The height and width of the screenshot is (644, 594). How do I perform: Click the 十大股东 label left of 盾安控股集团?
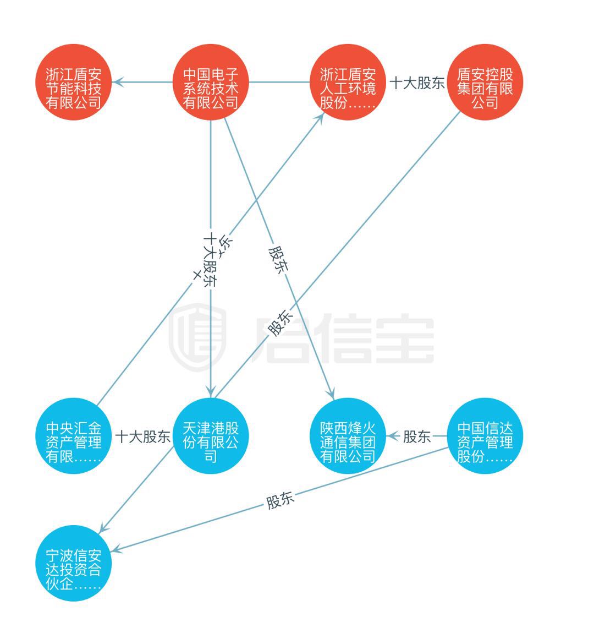point(417,84)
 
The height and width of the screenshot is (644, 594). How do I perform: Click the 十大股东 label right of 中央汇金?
point(142,438)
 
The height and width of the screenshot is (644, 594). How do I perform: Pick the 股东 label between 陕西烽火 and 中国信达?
point(417,438)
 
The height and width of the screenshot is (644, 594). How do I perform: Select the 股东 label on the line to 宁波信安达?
point(280,501)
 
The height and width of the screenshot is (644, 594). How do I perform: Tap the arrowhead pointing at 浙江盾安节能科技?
point(117,83)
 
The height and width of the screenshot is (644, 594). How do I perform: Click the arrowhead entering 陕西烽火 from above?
point(332,393)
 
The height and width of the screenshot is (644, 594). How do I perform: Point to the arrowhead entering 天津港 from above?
point(211,390)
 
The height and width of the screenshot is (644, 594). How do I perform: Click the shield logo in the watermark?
point(197,337)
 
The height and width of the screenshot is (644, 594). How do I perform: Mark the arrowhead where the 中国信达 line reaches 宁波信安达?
point(116,550)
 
